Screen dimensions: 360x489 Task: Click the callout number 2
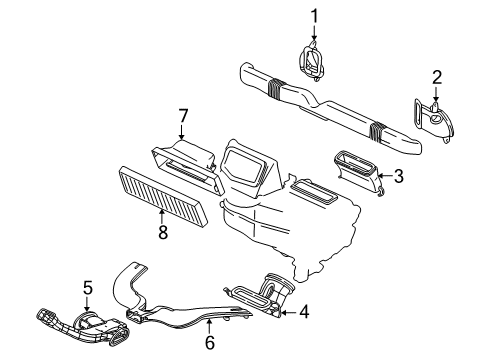(x=437, y=77)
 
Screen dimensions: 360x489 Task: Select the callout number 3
(x=398, y=177)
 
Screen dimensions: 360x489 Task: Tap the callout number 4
(x=304, y=313)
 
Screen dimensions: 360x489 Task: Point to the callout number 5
(x=87, y=290)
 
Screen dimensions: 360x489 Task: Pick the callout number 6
(x=209, y=343)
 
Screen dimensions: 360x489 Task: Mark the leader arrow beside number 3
(x=381, y=176)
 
